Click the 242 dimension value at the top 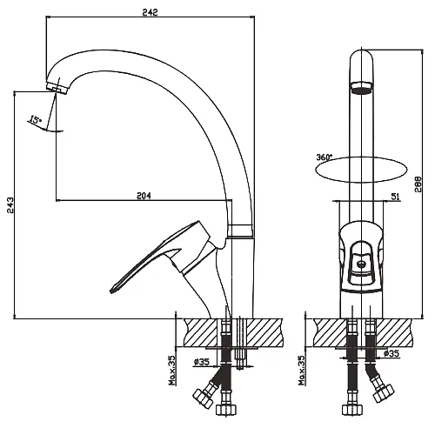click(150, 12)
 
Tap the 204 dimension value click(144, 196)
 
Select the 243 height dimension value click(10, 205)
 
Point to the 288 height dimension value click(418, 184)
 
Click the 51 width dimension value click(396, 197)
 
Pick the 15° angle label click(35, 119)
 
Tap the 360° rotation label click(324, 157)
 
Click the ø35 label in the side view click(202, 362)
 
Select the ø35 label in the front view click(391, 353)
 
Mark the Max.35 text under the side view click(173, 371)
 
